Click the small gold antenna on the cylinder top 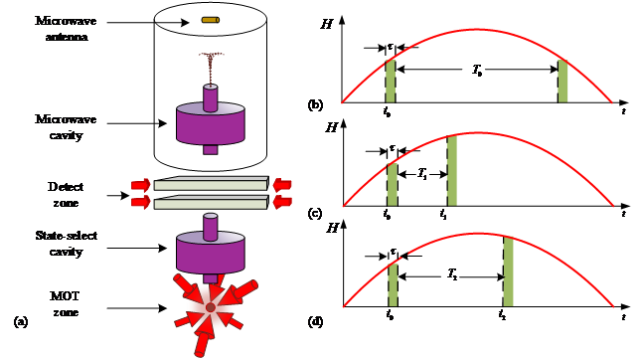point(210,19)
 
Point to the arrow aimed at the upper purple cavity point(161,123)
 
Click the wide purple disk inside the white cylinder point(211,123)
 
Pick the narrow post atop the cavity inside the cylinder point(210,97)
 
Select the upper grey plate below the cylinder point(211,185)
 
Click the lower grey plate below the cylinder point(211,203)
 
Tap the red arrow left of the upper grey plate point(140,185)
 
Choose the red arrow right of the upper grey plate point(283,185)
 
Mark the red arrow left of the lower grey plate point(140,203)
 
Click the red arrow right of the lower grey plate point(283,203)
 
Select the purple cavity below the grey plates point(211,253)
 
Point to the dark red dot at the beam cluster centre point(211,308)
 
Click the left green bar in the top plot point(391,81)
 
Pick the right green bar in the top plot point(562,82)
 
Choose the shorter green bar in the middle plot point(392,184)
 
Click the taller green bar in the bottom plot point(508,271)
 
